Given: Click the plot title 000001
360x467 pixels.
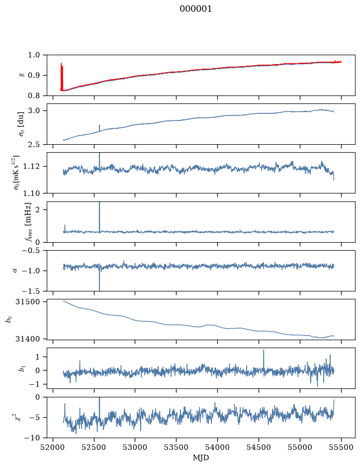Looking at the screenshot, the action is tap(195, 9).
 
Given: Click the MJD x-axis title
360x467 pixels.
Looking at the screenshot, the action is tap(201, 458).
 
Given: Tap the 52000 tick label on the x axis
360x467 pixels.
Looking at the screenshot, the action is tap(53, 447).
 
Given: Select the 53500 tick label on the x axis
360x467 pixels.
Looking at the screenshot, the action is tap(177, 447).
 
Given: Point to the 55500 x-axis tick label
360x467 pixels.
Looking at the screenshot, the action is tap(341, 447).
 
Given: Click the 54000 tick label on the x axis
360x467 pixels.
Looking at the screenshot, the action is tap(217, 447).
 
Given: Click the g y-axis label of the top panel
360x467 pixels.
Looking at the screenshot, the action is tap(21, 76).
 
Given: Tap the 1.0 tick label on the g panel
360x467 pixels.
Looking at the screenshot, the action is tap(34, 55).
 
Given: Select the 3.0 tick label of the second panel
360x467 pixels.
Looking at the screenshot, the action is tap(34, 111).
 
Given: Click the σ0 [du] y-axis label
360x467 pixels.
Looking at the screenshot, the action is tap(21, 124).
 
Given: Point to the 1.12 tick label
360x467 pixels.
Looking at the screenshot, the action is tap(31, 166).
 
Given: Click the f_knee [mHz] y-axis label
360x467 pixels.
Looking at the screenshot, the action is tap(28, 222).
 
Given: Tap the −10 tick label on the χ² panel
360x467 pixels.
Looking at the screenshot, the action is tap(33, 438).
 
